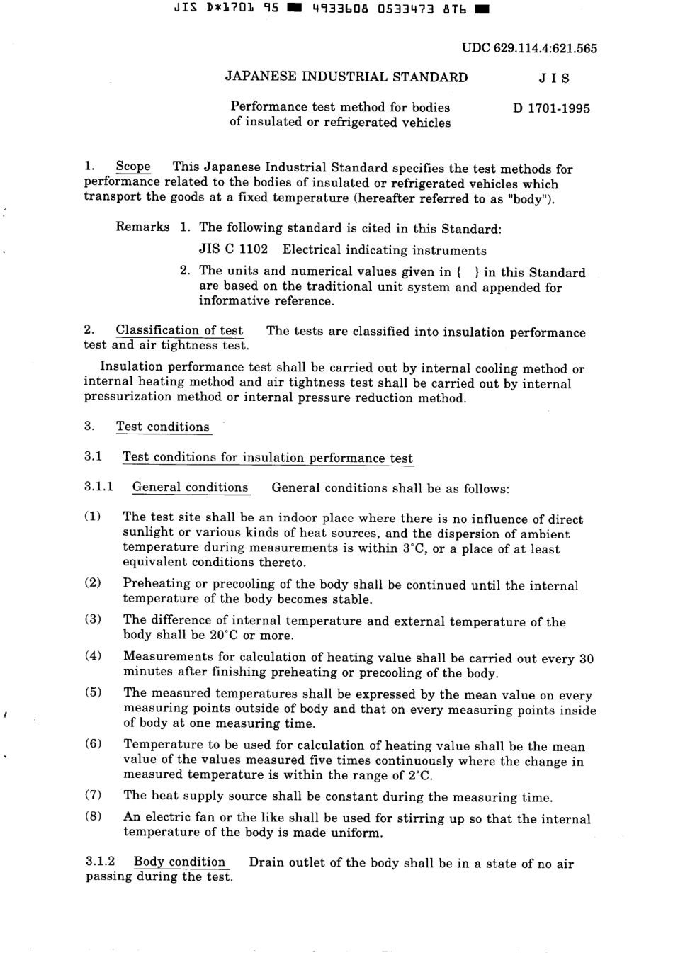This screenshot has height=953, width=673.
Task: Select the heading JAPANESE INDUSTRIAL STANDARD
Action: click(346, 78)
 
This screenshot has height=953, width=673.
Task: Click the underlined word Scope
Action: click(133, 167)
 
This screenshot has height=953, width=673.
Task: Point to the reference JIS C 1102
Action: click(234, 249)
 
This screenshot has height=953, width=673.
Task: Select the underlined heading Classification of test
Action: click(179, 330)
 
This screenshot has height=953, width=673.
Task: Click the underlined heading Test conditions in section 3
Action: click(163, 427)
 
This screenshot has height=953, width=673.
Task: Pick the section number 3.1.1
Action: click(98, 487)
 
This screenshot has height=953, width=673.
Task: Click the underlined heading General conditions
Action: click(191, 487)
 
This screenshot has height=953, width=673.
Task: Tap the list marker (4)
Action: click(93, 655)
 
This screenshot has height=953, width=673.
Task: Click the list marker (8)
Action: click(93, 816)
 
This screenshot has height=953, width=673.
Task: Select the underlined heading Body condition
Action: click(179, 862)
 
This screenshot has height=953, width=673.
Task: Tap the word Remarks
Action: click(142, 227)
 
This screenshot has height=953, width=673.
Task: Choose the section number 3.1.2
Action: click(100, 862)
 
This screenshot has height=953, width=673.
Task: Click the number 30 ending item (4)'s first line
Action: click(586, 658)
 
